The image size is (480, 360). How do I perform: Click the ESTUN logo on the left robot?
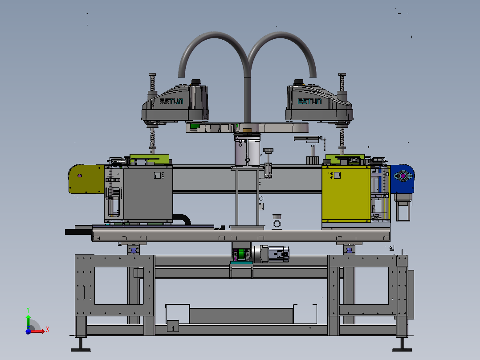pyautogui.click(x=171, y=101)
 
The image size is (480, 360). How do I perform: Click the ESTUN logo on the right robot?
pyautogui.click(x=309, y=101)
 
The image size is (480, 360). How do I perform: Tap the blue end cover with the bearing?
pyautogui.click(x=402, y=179)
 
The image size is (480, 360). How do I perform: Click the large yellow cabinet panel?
pyautogui.click(x=346, y=194)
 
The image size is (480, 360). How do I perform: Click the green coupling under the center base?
pyautogui.click(x=241, y=255)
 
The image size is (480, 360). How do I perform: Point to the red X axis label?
pyautogui.click(x=48, y=330)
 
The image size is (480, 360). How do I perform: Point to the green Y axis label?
pyautogui.click(x=28, y=310)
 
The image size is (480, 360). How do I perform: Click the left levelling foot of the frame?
pyautogui.click(x=81, y=345)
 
